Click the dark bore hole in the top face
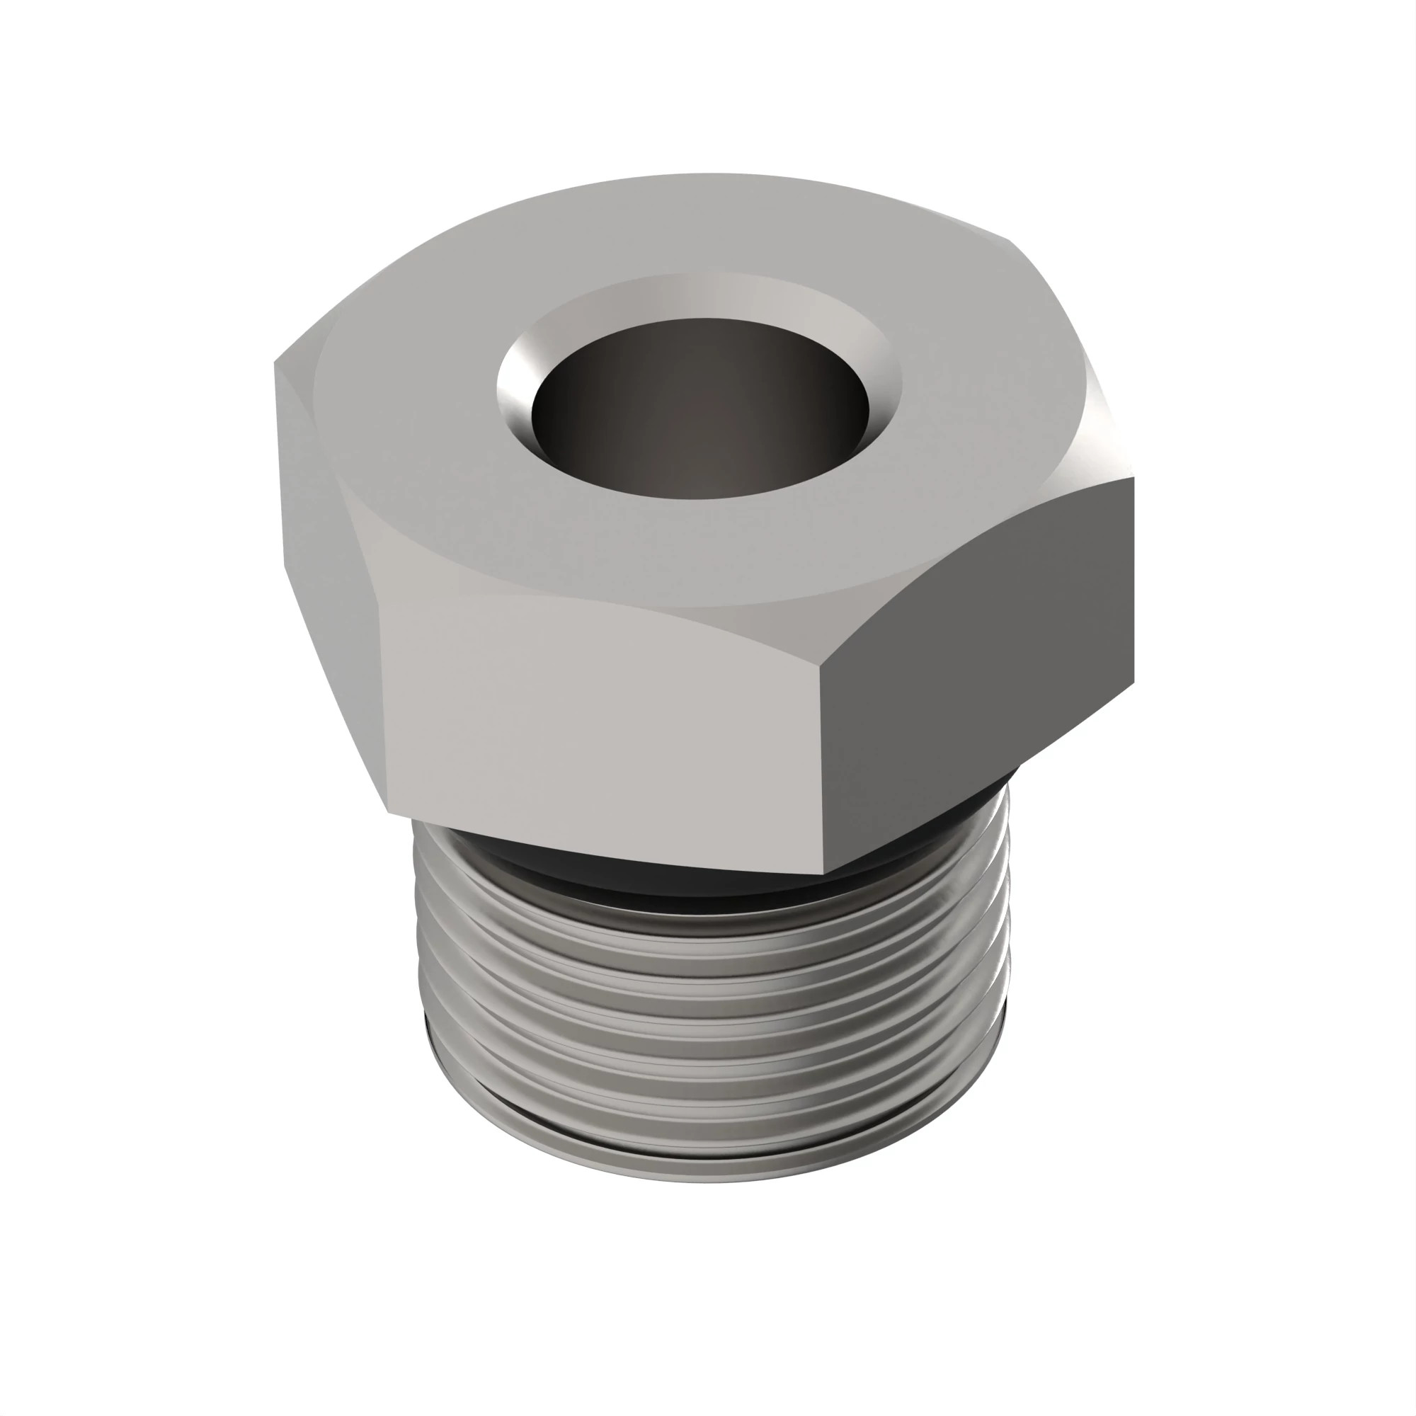point(700,411)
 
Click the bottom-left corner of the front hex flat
point(389,812)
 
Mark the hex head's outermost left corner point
point(275,362)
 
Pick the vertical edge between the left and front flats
point(381,704)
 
